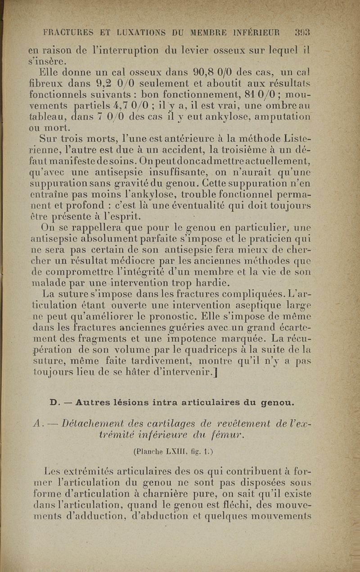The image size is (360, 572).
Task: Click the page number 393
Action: click(302, 32)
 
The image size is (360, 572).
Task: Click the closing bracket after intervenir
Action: click(217, 372)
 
